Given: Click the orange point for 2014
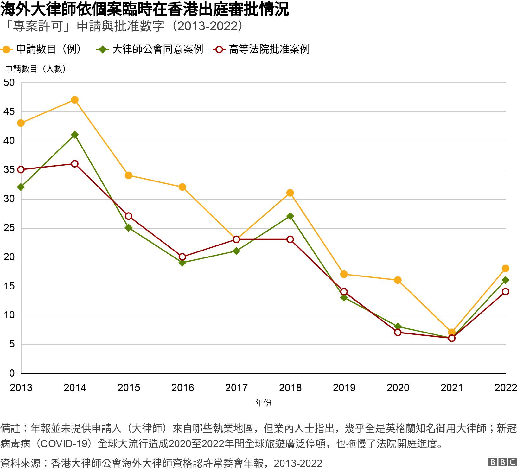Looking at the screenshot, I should point(75,100).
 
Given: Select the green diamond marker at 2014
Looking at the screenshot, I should point(75,135).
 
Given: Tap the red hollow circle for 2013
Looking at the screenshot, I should point(21,170).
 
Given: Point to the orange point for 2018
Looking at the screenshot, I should point(290,193).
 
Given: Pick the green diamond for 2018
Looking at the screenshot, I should point(290,216).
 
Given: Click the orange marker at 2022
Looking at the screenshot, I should point(505,269).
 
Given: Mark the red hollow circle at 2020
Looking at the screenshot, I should point(398,333).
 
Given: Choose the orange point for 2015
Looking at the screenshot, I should point(129,175).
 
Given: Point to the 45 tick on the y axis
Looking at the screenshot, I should point(9,112).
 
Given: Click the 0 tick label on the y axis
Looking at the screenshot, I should point(12,373).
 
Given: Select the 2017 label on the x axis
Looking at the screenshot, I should point(236,388).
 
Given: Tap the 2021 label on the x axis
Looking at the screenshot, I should point(452,388).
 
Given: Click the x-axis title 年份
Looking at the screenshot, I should point(263,403).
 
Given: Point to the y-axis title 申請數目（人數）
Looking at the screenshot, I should point(35,69).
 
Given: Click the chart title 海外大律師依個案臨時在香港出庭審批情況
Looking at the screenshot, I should point(144,10).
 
